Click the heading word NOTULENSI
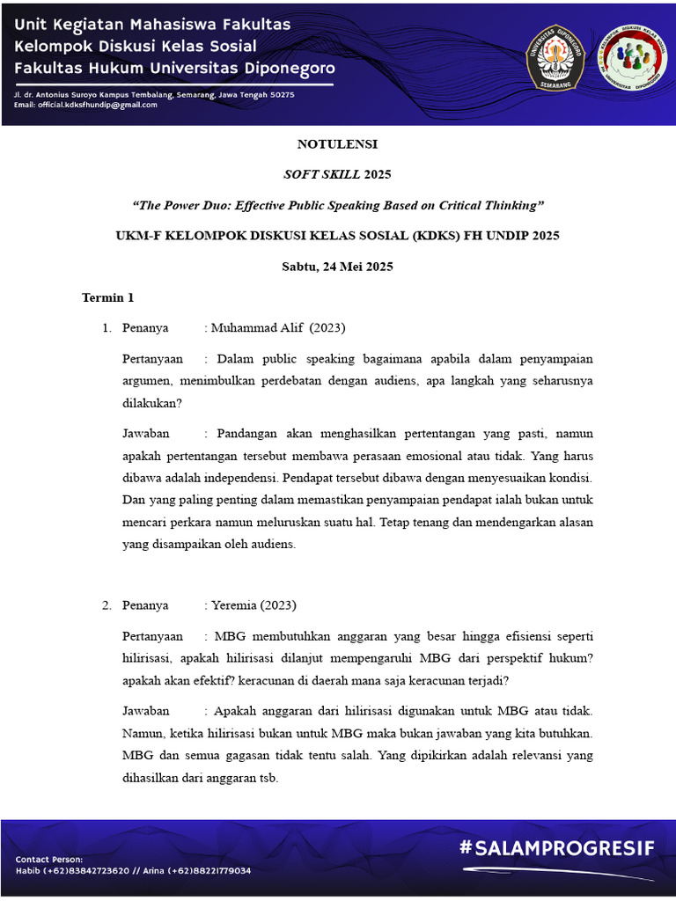pos(337,143)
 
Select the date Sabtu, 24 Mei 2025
pos(337,266)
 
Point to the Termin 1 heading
pos(107,297)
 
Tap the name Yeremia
pos(233,605)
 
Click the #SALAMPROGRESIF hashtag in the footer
pos(556,848)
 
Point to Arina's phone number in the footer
pos(209,870)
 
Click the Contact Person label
pos(49,859)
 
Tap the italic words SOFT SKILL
pos(322,174)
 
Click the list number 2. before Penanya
pos(106,605)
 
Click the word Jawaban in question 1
pos(145,433)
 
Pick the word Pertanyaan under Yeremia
pos(153,636)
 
